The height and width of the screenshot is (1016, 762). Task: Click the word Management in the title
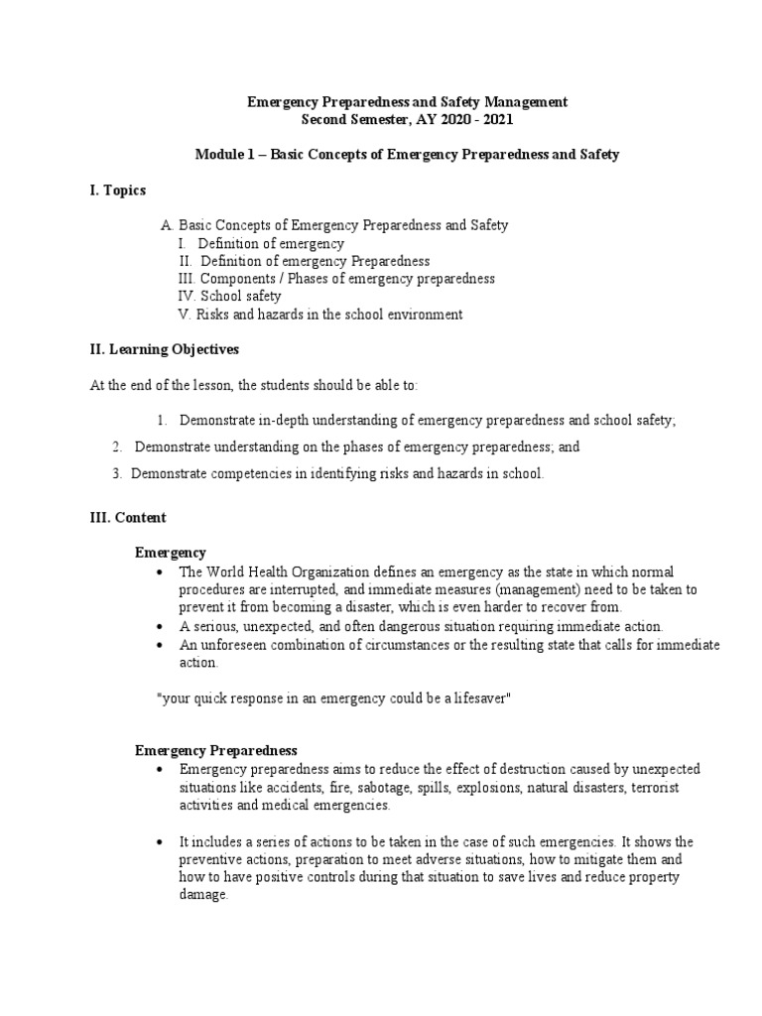click(522, 101)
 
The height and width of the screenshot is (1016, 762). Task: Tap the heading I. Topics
click(118, 190)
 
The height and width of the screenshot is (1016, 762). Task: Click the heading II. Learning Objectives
click(164, 349)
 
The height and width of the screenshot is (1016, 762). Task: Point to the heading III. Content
click(128, 518)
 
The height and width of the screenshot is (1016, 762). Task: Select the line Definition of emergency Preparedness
click(315, 261)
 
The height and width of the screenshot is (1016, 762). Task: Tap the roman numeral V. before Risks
click(184, 315)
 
